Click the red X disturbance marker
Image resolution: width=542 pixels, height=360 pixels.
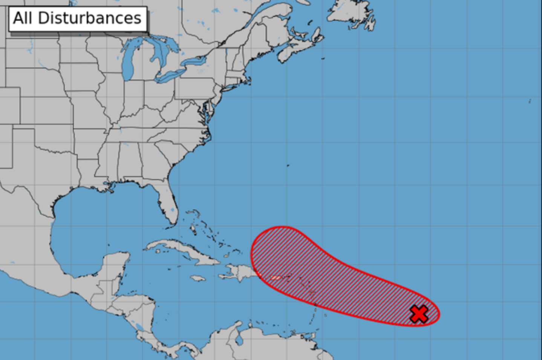[419, 314]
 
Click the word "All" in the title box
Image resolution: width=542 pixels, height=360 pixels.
[23, 18]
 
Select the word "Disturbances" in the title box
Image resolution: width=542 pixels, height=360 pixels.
[90, 18]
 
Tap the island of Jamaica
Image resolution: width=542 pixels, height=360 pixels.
[198, 279]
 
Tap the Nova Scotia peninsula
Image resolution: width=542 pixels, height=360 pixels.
[298, 51]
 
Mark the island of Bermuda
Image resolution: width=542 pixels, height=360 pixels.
[288, 165]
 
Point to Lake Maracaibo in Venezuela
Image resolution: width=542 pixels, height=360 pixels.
[239, 339]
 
